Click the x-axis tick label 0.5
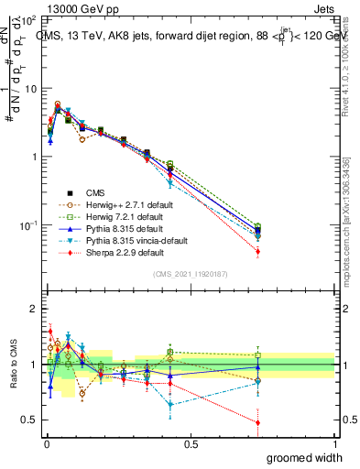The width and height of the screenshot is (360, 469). [191, 443]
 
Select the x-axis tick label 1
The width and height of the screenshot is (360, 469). [334, 443]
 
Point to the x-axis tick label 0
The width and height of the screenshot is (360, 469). [46, 443]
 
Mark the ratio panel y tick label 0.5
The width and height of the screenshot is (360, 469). [30, 420]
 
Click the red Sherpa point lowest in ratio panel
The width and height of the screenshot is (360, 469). [257, 422]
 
